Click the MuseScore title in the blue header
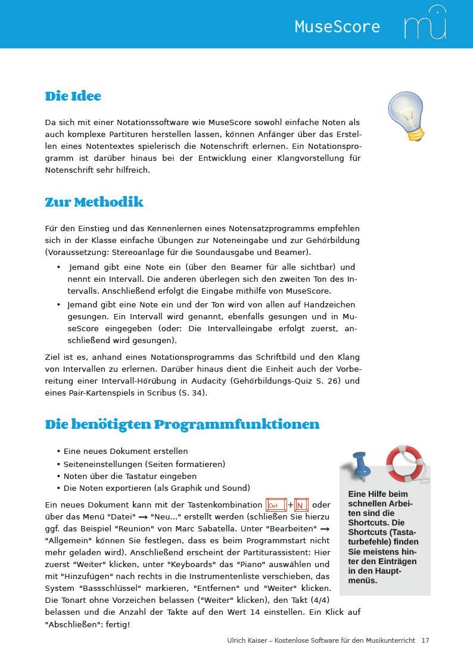pos(337,27)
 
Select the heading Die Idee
pos(73,97)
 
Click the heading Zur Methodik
pos(94,203)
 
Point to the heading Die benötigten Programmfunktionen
pos(182,425)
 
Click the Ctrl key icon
pos(276,505)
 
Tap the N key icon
pos(301,505)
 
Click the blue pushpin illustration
pos(361,465)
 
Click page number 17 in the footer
pos(425,640)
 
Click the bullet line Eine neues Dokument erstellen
pos(125,451)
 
